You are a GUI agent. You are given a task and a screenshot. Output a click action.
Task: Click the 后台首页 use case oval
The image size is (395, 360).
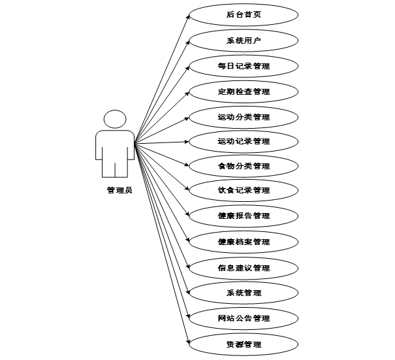click(243, 14)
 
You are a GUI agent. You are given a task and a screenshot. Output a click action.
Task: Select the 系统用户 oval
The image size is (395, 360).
click(243, 40)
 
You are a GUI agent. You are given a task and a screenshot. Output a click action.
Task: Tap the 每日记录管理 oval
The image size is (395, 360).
click(243, 66)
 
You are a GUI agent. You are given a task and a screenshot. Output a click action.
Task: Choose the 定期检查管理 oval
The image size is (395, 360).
click(243, 91)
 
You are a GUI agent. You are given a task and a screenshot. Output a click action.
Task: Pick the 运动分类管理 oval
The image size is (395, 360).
click(243, 117)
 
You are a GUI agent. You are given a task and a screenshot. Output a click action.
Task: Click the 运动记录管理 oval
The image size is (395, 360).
click(243, 141)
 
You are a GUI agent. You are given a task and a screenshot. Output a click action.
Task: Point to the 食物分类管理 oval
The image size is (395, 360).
click(243, 166)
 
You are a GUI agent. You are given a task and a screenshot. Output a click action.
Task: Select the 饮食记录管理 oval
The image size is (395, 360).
click(243, 190)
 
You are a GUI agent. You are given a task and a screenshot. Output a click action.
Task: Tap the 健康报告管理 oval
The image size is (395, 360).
click(243, 216)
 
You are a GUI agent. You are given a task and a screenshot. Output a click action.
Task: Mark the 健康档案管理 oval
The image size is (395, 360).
click(243, 242)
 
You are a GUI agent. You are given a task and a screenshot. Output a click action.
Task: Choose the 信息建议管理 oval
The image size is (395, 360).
click(243, 268)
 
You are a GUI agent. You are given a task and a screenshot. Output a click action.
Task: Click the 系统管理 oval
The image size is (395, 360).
click(243, 293)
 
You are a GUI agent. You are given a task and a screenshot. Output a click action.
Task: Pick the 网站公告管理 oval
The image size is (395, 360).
click(243, 318)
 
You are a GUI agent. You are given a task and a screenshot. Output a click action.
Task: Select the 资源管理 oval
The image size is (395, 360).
click(243, 344)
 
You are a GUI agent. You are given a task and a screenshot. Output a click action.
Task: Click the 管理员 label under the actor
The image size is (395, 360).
click(119, 191)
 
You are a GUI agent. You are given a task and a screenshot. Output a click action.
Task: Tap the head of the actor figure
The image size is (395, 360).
click(115, 120)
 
